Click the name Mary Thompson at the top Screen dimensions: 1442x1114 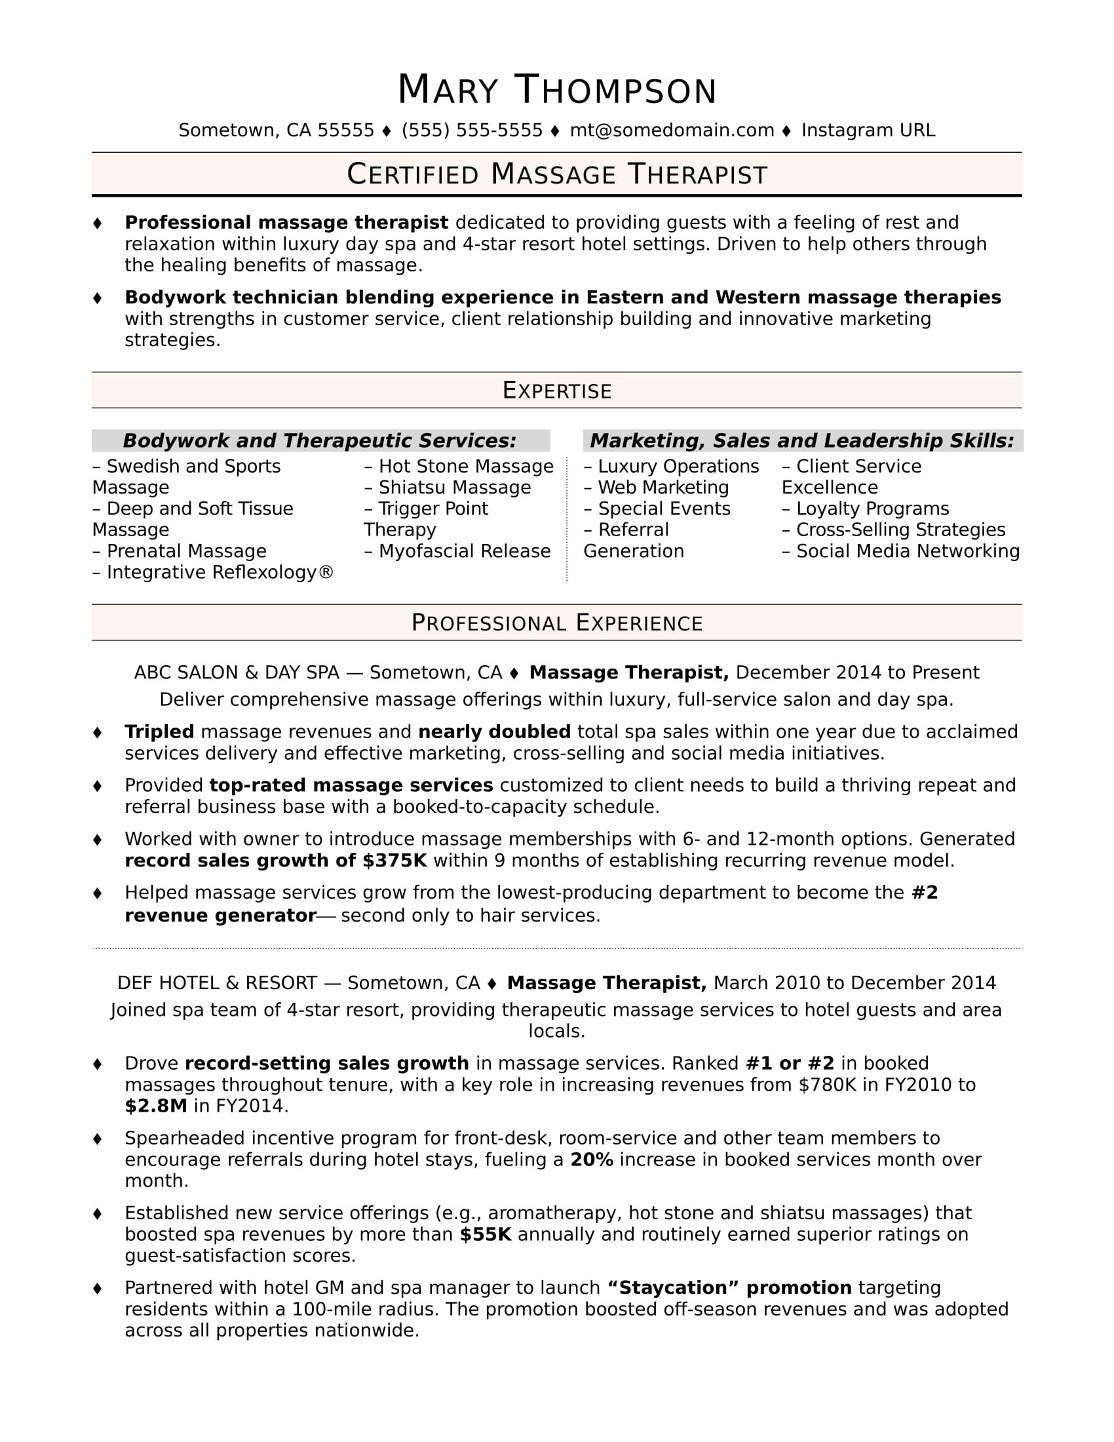click(x=556, y=90)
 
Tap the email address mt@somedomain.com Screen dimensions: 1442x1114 click(x=671, y=130)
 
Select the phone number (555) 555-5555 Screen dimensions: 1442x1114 click(x=471, y=130)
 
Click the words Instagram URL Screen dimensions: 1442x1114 click(x=867, y=130)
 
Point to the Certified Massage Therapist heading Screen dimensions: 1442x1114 click(x=556, y=174)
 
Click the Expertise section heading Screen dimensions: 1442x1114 click(x=556, y=390)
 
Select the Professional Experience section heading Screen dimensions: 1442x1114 click(x=556, y=623)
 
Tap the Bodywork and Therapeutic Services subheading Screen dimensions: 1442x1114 click(x=319, y=440)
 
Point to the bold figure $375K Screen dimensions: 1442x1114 click(x=394, y=861)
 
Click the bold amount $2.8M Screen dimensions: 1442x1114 click(x=156, y=1106)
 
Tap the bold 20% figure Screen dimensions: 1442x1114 click(x=591, y=1159)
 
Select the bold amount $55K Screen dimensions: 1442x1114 click(x=485, y=1234)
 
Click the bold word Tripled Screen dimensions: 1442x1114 click(x=159, y=731)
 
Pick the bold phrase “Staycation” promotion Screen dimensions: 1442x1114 click(x=729, y=1287)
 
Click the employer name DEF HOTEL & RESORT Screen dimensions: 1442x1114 click(x=216, y=983)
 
